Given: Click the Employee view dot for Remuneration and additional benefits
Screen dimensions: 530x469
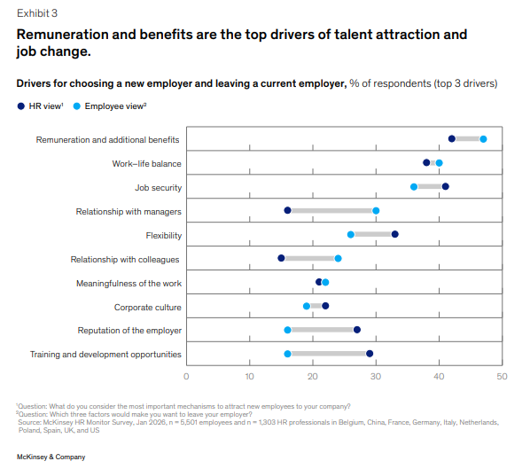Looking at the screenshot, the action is (483, 139).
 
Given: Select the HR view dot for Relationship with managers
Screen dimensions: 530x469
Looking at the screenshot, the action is (288, 211).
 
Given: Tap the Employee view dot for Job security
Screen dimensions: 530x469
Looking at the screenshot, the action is (414, 187).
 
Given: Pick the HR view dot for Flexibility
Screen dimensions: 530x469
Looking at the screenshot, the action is (394, 234).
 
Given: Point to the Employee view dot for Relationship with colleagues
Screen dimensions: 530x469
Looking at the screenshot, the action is (338, 259).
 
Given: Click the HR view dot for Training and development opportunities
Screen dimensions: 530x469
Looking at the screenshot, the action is (370, 354).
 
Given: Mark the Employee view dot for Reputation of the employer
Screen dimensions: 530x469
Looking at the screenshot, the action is (288, 330).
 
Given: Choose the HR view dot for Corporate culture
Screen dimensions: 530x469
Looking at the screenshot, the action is (325, 306).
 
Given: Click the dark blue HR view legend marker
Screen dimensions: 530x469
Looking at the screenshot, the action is (21, 106).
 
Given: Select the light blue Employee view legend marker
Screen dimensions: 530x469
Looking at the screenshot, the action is (77, 106).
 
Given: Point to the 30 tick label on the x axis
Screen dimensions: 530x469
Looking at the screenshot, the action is (376, 376).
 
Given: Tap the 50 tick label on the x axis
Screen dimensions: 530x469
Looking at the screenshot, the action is (502, 376).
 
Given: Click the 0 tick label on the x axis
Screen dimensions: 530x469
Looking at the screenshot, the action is (186, 376).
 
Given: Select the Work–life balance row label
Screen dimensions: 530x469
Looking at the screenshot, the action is (147, 164).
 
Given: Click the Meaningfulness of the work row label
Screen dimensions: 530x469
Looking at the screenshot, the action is (129, 284).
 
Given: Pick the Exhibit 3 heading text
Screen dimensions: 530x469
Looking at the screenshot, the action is (37, 13).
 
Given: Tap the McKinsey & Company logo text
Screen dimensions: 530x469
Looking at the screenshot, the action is (51, 457).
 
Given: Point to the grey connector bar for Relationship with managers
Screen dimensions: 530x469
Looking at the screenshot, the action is (331, 211).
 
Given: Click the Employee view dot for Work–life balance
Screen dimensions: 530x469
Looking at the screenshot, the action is (439, 163).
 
